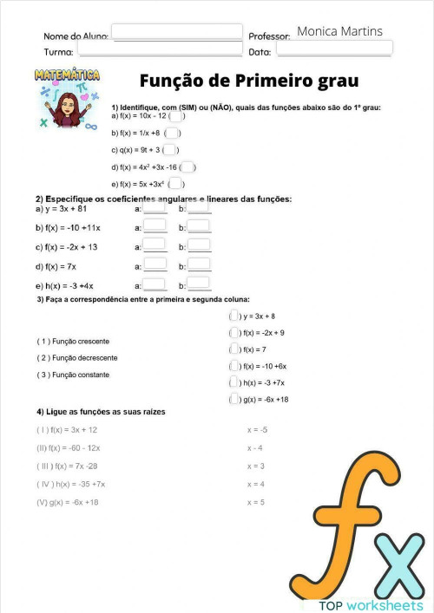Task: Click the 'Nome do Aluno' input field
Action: point(177,32)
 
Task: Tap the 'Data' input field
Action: point(334,49)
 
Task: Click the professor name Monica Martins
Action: point(339,31)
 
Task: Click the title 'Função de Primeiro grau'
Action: point(249,82)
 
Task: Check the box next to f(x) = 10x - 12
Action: point(175,115)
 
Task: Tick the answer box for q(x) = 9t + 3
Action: point(170,150)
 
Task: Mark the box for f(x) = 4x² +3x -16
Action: point(187,167)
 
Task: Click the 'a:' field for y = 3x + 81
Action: point(155,208)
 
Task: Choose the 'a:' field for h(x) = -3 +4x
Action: point(155,284)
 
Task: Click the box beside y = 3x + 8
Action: point(234,316)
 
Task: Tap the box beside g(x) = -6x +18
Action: point(234,399)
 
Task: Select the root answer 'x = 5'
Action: point(256,502)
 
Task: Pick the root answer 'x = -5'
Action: point(257,429)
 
